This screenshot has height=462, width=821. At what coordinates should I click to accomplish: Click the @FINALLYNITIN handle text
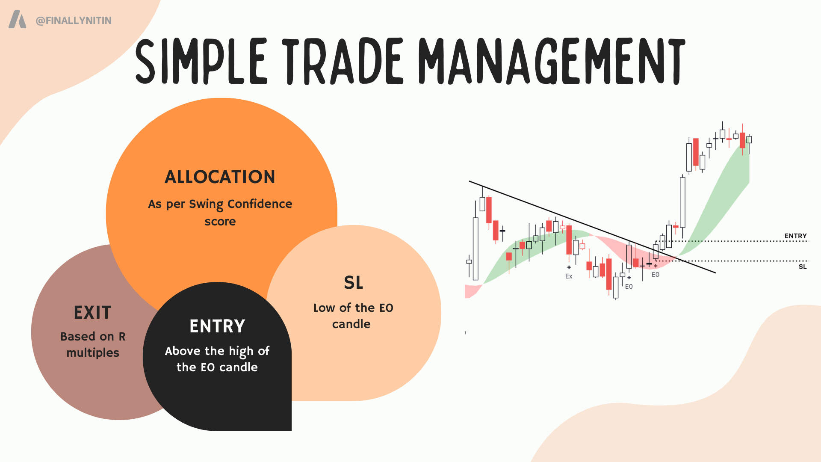point(74,21)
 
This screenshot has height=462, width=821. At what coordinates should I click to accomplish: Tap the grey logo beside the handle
point(18,20)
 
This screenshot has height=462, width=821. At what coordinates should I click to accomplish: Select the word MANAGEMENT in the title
point(552,61)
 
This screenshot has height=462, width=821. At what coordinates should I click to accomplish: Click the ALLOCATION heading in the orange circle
point(220,177)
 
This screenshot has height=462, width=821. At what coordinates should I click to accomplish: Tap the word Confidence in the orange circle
point(260,204)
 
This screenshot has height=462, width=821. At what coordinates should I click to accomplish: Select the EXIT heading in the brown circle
point(93,313)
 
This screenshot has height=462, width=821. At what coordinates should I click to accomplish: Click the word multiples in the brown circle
point(93,353)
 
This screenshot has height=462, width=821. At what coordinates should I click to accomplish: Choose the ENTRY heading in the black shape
point(217,326)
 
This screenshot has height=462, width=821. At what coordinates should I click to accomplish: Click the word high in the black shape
point(241,352)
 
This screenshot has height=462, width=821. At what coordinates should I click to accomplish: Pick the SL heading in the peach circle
point(354,283)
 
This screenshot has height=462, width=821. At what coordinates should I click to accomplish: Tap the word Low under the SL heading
point(324,308)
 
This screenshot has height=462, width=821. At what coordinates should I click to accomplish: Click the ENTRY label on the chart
point(795,236)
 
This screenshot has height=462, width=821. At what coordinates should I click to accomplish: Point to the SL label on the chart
point(803,267)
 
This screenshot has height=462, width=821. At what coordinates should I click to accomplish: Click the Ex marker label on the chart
point(569,276)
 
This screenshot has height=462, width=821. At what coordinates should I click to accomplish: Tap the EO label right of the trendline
point(656,275)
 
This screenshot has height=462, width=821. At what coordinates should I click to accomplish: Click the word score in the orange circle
point(220,222)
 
